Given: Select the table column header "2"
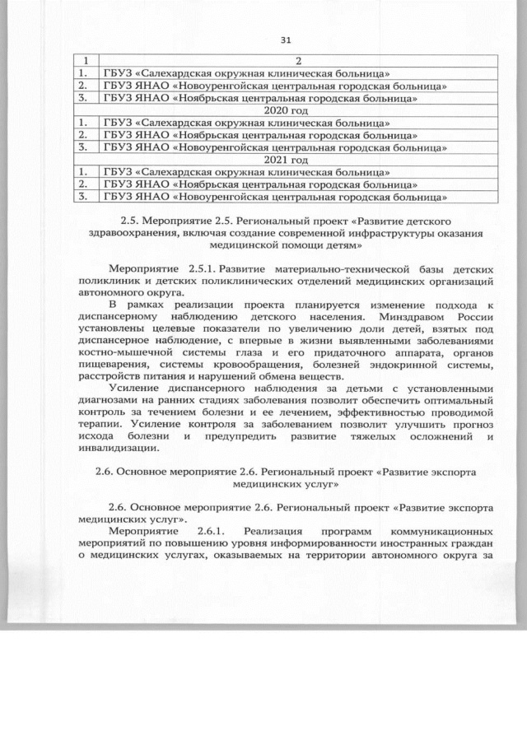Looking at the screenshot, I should click(299, 61).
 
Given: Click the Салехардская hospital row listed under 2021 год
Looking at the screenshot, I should click(246, 173).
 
